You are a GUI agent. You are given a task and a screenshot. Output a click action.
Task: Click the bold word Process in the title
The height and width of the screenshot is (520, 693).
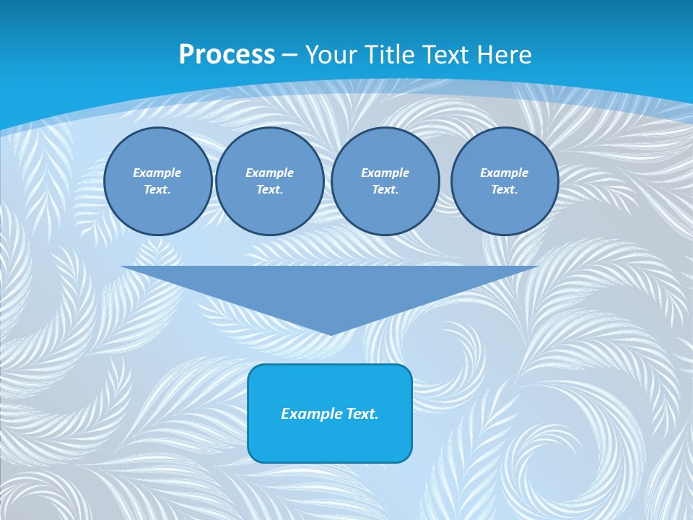tap(227, 55)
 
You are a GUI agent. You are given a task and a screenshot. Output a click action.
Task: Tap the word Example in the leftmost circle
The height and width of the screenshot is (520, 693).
tap(157, 173)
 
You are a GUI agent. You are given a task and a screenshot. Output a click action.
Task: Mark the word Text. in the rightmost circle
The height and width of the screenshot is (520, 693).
tap(505, 189)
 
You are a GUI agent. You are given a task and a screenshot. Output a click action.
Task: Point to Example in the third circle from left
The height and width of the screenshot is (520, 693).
tap(385, 173)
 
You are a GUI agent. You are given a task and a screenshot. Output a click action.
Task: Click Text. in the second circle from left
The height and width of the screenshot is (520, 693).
tap(270, 189)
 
